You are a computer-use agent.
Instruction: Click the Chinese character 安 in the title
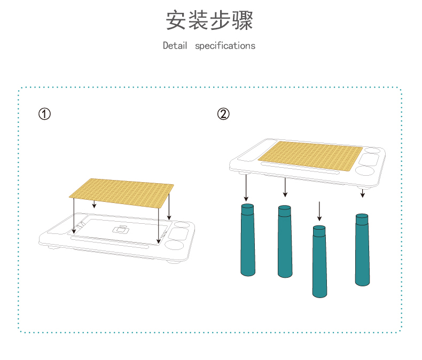pos(177,20)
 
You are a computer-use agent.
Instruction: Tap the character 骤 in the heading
pos(242,20)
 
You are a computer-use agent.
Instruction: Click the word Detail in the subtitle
pos(175,46)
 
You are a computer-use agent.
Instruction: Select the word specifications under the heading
pos(225,46)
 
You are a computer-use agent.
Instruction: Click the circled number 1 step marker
pos(45,114)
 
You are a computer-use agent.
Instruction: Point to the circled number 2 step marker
pos(224,114)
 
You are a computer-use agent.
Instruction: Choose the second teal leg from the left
pos(285,241)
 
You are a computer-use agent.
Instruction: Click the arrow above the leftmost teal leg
pos(246,187)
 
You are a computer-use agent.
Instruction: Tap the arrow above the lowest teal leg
pos(319,211)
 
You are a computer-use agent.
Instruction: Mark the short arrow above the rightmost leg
pos(363,193)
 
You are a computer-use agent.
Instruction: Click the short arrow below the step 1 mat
pos(95,204)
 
